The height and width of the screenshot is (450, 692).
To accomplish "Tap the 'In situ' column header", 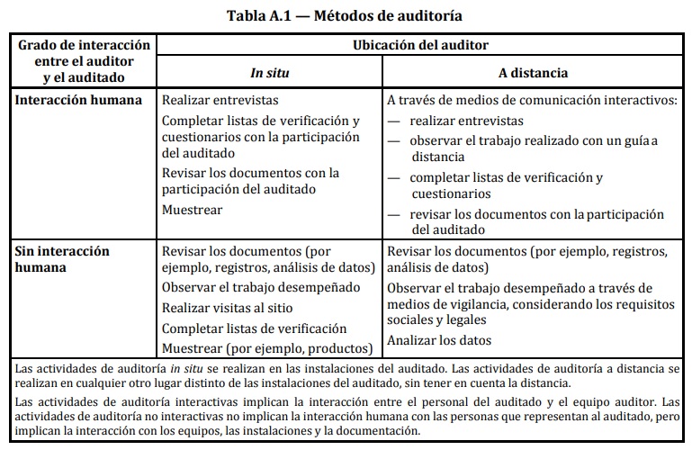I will (x=269, y=72).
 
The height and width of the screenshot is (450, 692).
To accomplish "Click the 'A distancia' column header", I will (x=533, y=72).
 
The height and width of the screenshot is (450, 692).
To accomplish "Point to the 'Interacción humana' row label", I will (x=79, y=100).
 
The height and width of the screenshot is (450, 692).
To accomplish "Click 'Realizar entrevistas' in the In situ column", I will (x=220, y=101).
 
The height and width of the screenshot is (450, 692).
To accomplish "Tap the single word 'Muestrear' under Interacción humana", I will (x=192, y=210).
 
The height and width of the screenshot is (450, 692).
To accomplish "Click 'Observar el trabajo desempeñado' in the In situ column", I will (x=260, y=288).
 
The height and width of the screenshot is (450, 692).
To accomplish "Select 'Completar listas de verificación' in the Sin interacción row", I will (x=254, y=328).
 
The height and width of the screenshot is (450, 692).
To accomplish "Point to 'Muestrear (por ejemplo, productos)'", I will (x=266, y=348).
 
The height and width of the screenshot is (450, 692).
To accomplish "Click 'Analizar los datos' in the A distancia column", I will (x=439, y=340).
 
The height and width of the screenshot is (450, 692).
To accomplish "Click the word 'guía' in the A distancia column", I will (x=638, y=140).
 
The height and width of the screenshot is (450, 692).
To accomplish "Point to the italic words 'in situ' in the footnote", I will (x=184, y=369).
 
